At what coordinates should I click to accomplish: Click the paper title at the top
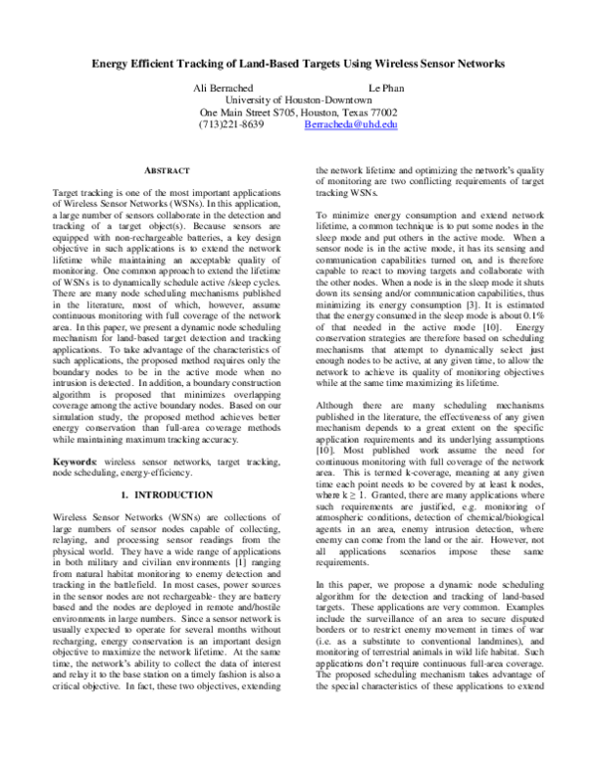[x=298, y=63]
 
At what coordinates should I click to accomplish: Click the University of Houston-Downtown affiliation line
[x=298, y=100]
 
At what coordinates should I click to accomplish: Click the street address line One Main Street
[x=298, y=112]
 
